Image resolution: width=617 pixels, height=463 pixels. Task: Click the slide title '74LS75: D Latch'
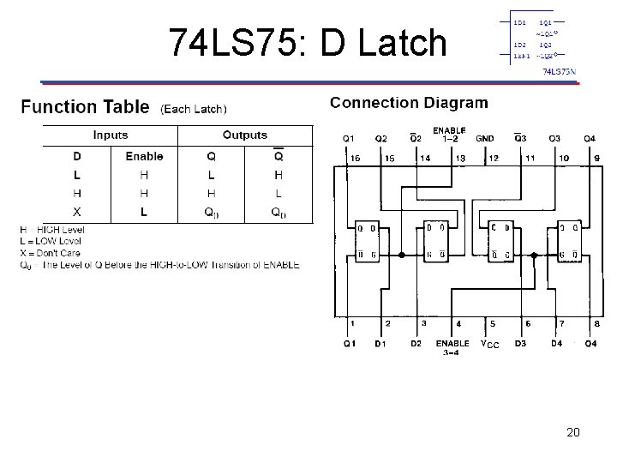tap(308, 42)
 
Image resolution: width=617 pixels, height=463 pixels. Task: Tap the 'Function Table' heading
tap(85, 107)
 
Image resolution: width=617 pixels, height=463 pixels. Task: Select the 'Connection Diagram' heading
tap(409, 103)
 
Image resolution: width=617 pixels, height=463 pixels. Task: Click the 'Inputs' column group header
tap(111, 135)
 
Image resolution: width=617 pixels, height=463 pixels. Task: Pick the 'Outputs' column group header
tap(245, 135)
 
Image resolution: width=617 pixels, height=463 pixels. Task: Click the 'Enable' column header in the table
tap(143, 156)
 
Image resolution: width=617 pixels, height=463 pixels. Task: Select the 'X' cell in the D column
tap(77, 212)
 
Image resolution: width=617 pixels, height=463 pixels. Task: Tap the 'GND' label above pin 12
tap(485, 138)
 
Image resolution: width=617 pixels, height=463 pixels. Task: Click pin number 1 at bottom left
tap(352, 323)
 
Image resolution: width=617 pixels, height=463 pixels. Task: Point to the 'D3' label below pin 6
tap(520, 344)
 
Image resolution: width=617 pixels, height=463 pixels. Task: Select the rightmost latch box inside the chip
tap(568, 241)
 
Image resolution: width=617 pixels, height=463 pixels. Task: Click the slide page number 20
tap(573, 433)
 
